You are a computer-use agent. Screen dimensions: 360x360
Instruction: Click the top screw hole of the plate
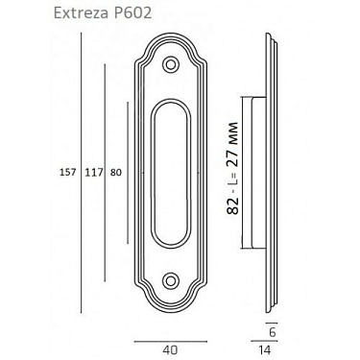pyautogui.click(x=171, y=64)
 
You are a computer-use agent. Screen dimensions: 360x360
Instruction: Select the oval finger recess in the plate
pyautogui.click(x=171, y=173)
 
